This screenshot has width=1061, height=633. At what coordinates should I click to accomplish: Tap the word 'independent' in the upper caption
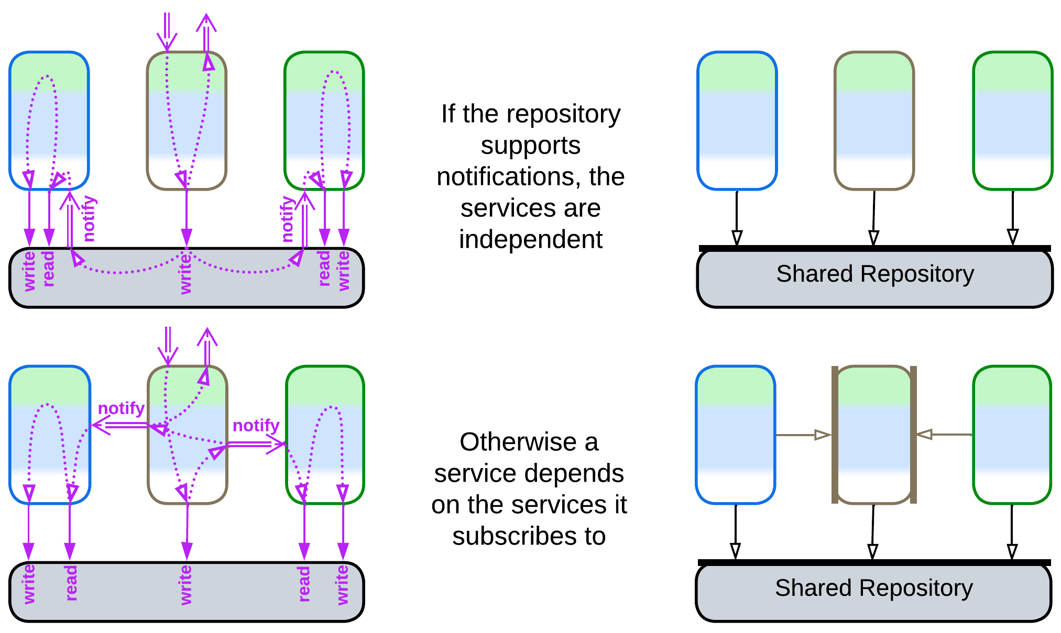click(530, 240)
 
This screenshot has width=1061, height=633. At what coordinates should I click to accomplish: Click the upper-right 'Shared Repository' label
click(874, 274)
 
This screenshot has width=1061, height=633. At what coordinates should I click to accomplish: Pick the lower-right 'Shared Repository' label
click(873, 588)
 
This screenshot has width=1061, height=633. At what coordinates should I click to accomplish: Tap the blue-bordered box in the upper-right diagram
click(737, 120)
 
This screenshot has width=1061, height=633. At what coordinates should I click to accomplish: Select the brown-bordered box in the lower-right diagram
click(873, 435)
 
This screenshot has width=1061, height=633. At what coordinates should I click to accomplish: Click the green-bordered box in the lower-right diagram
click(1012, 435)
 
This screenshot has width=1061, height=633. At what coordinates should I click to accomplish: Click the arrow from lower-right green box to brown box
click(944, 434)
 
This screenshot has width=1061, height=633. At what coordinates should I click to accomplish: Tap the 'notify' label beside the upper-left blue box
click(90, 218)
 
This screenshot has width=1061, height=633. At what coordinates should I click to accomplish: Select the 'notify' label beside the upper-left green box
click(287, 218)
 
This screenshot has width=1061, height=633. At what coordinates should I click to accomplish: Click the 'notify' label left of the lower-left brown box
click(121, 408)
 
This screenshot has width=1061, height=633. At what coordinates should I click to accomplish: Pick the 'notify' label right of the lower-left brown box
click(256, 425)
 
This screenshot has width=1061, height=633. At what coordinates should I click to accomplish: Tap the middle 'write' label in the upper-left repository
click(185, 273)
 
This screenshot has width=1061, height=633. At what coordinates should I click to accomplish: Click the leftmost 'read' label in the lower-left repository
click(71, 582)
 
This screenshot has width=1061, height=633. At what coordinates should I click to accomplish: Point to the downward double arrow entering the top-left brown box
click(167, 31)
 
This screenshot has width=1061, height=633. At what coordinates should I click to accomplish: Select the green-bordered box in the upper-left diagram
click(324, 120)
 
